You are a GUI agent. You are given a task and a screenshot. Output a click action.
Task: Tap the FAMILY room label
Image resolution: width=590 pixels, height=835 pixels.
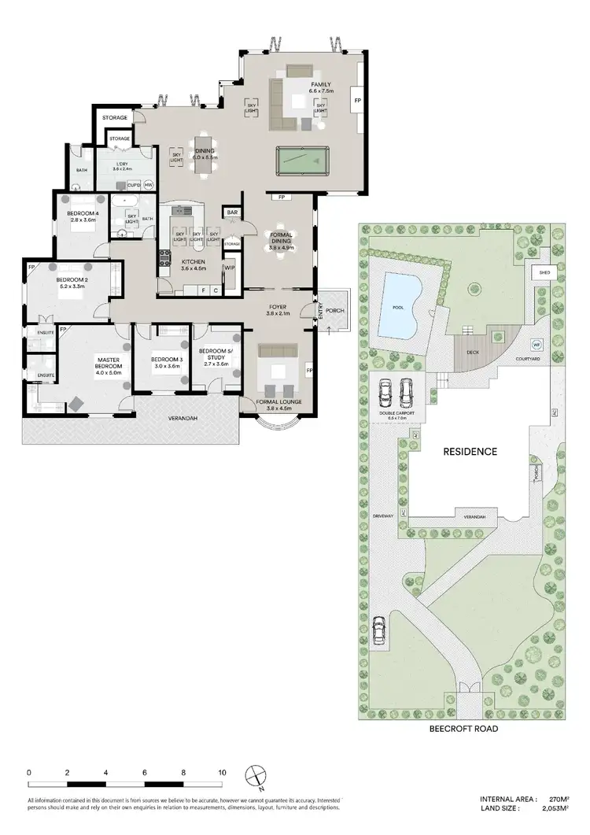click(x=321, y=84)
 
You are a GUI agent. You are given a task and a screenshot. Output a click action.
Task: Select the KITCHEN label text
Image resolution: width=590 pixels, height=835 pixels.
click(x=193, y=261)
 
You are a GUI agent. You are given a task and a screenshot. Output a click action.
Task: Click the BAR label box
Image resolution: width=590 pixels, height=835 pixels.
click(x=233, y=212)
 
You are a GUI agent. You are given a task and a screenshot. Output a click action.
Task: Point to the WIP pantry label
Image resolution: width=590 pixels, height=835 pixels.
click(x=230, y=268)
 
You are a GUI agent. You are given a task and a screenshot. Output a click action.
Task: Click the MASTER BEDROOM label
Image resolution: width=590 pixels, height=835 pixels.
click(x=108, y=363)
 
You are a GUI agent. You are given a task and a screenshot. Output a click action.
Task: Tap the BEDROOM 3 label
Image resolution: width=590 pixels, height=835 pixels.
click(x=167, y=360)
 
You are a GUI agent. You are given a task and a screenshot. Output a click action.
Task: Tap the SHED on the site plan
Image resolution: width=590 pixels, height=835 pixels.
click(x=543, y=272)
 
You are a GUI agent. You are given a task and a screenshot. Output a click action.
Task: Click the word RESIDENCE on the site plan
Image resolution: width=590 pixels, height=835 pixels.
click(x=470, y=452)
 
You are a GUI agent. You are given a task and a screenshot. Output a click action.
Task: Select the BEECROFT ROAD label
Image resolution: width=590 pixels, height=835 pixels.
click(x=463, y=729)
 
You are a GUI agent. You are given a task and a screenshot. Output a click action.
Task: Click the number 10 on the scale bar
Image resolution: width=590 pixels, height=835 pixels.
click(x=223, y=772)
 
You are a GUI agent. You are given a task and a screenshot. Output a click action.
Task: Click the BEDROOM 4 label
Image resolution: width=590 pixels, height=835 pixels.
click(x=83, y=215)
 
